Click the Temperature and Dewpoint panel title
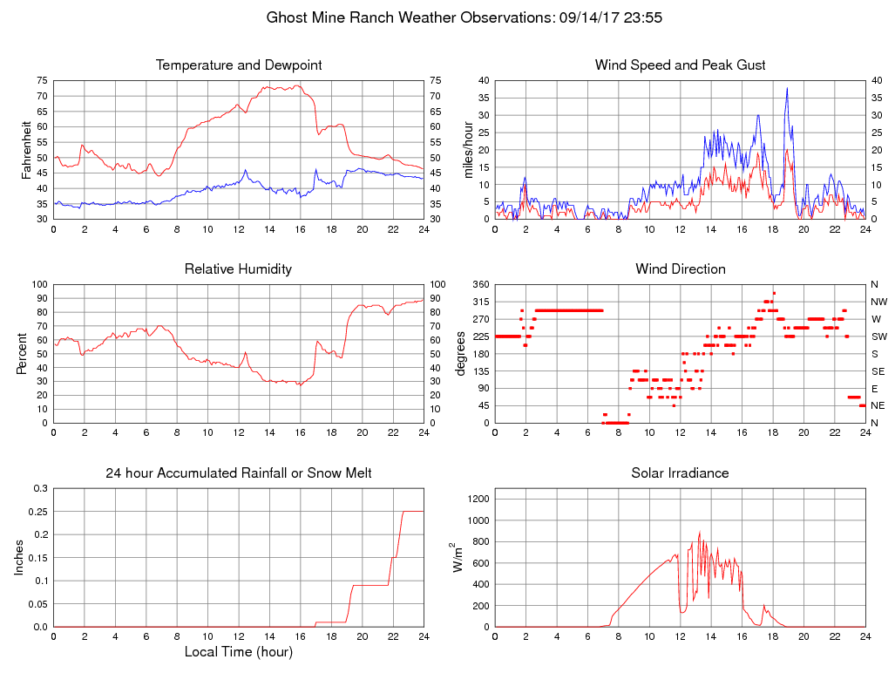pos(239,65)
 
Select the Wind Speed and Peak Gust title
pos(680,65)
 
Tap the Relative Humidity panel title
pos(238,269)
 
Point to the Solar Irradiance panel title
pos(680,473)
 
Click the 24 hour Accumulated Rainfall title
pos(239,473)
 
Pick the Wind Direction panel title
pos(680,269)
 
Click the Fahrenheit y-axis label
pos(26,149)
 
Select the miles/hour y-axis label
pos(468,149)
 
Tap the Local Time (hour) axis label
pos(239,652)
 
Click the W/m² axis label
pos(458,557)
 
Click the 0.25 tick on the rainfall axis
pos(39,512)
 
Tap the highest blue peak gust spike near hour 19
pos(787,88)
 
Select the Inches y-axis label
pos(21,557)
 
